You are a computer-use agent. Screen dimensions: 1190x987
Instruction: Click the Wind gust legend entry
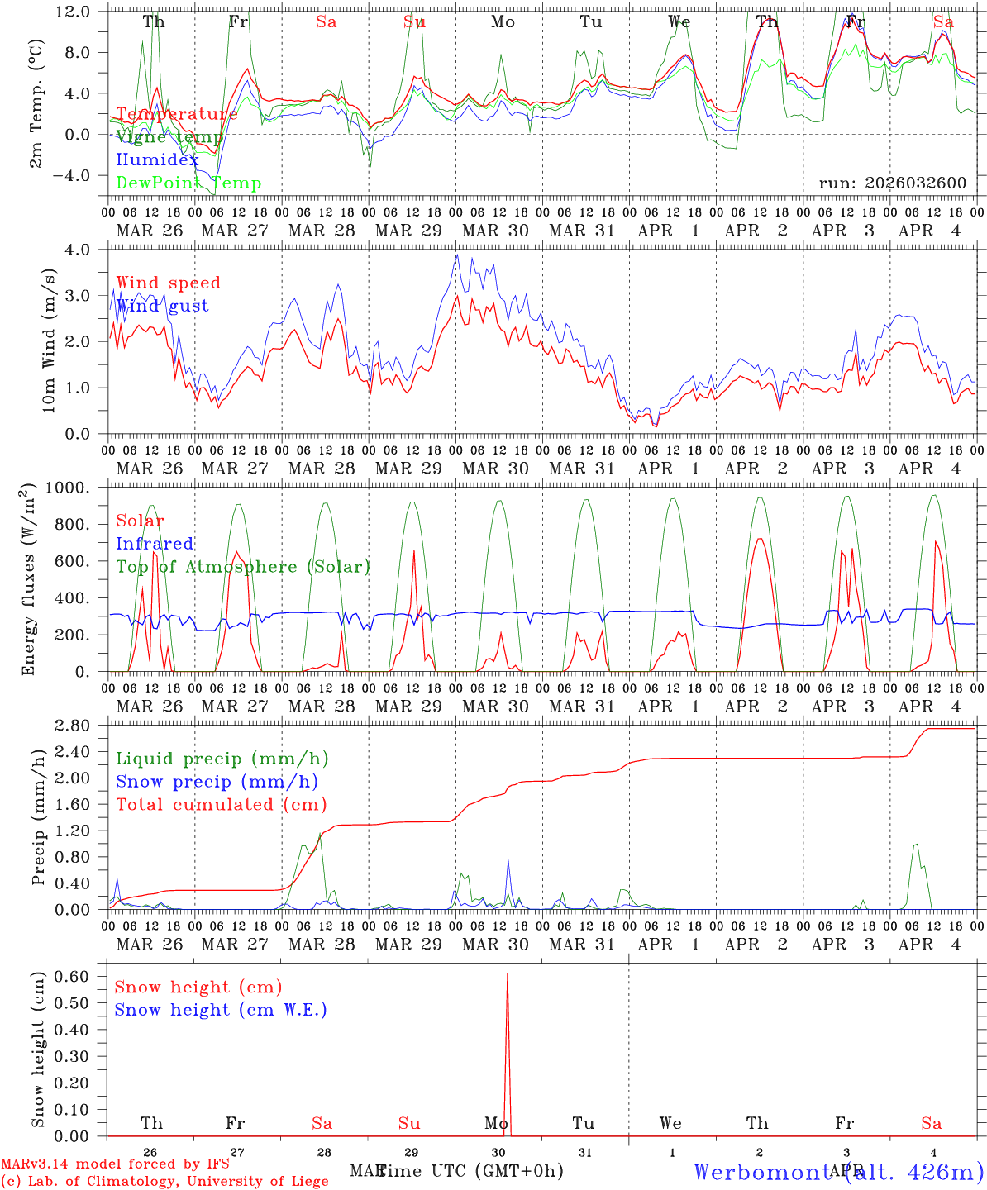[162, 306]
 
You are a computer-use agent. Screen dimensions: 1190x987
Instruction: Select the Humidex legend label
[157, 160]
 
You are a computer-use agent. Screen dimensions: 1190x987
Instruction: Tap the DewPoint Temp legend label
[188, 183]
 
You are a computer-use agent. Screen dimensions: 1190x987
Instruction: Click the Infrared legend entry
[155, 544]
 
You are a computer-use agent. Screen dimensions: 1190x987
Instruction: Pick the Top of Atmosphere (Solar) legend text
[242, 567]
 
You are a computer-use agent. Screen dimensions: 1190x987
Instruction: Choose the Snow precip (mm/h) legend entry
[217, 782]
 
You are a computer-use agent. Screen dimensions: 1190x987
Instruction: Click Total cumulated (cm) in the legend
[221, 804]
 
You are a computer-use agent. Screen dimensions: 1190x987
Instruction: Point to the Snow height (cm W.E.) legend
[220, 1010]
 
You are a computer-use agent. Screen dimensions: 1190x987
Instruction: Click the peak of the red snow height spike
[507, 974]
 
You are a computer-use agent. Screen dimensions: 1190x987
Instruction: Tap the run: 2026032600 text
[892, 183]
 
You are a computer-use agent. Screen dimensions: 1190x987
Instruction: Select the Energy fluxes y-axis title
[30, 578]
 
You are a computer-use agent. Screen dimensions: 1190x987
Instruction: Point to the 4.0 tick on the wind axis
[87, 250]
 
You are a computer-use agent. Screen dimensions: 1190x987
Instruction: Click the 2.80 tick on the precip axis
[81, 726]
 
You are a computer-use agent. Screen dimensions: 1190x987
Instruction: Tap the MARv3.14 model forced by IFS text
[115, 1164]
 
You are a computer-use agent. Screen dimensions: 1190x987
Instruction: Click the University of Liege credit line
[164, 1181]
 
